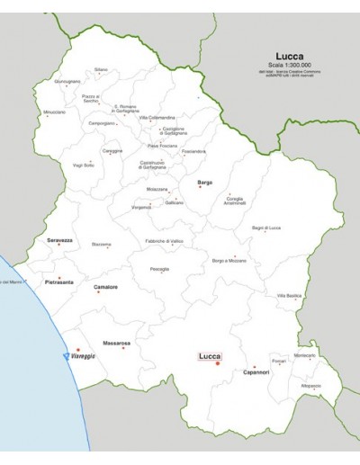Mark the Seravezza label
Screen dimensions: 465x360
pyautogui.click(x=60, y=241)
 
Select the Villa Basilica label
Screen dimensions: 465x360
pyautogui.click(x=290, y=295)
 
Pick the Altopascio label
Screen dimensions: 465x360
pyautogui.click(x=311, y=385)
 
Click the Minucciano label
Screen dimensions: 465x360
pyautogui.click(x=56, y=113)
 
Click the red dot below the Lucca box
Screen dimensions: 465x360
pyautogui.click(x=217, y=364)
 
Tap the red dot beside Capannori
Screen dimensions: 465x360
pyautogui.click(x=255, y=367)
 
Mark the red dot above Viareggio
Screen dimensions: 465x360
pyautogui.click(x=78, y=349)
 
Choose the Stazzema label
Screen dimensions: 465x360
pyautogui.click(x=102, y=245)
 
